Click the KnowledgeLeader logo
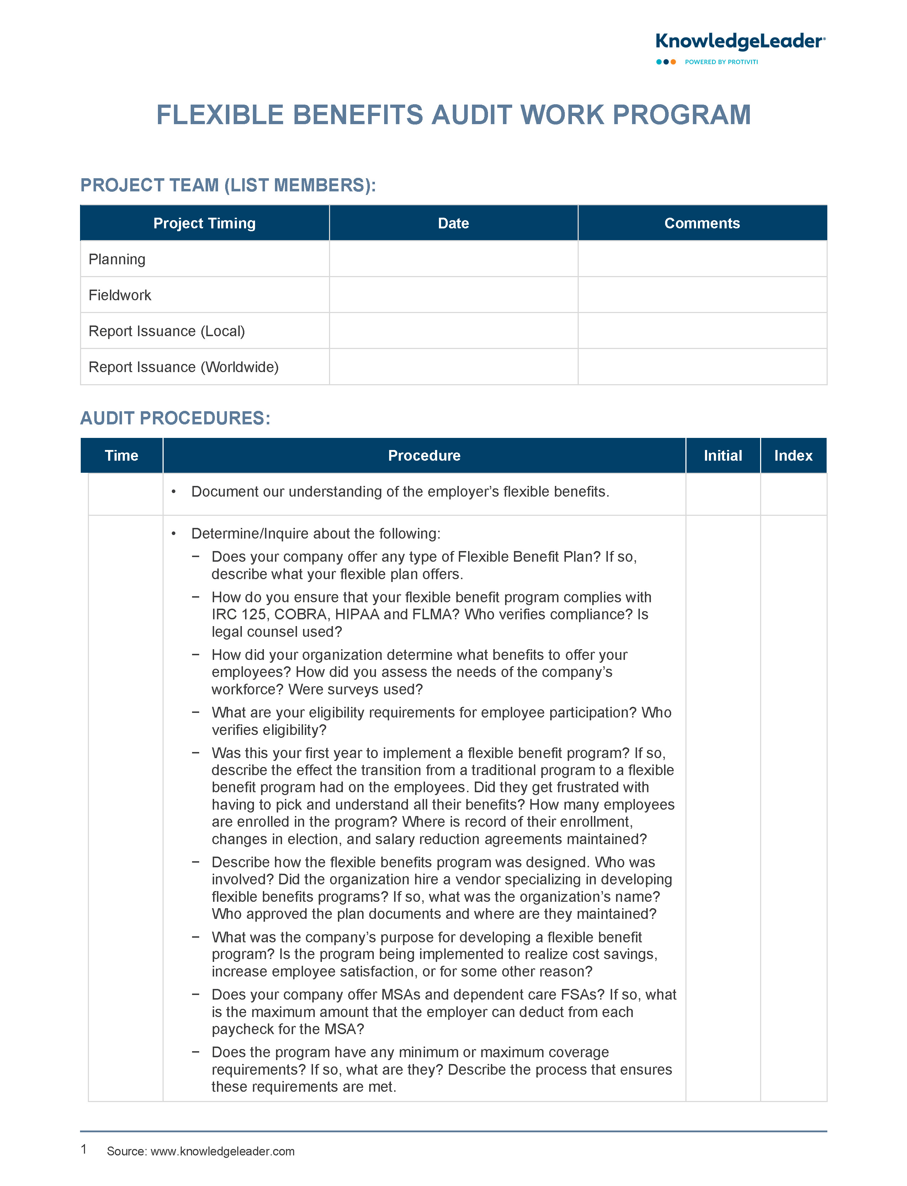(x=739, y=42)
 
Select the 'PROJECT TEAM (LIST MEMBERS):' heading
(x=228, y=185)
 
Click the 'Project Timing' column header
(x=204, y=223)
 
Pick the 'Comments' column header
(x=702, y=223)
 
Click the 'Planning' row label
(x=117, y=259)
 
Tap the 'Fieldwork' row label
(x=120, y=295)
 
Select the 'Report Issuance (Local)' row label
(x=166, y=331)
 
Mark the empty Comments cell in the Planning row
(x=702, y=259)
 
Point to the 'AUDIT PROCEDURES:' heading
(x=175, y=418)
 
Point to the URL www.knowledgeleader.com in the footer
(x=222, y=1151)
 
